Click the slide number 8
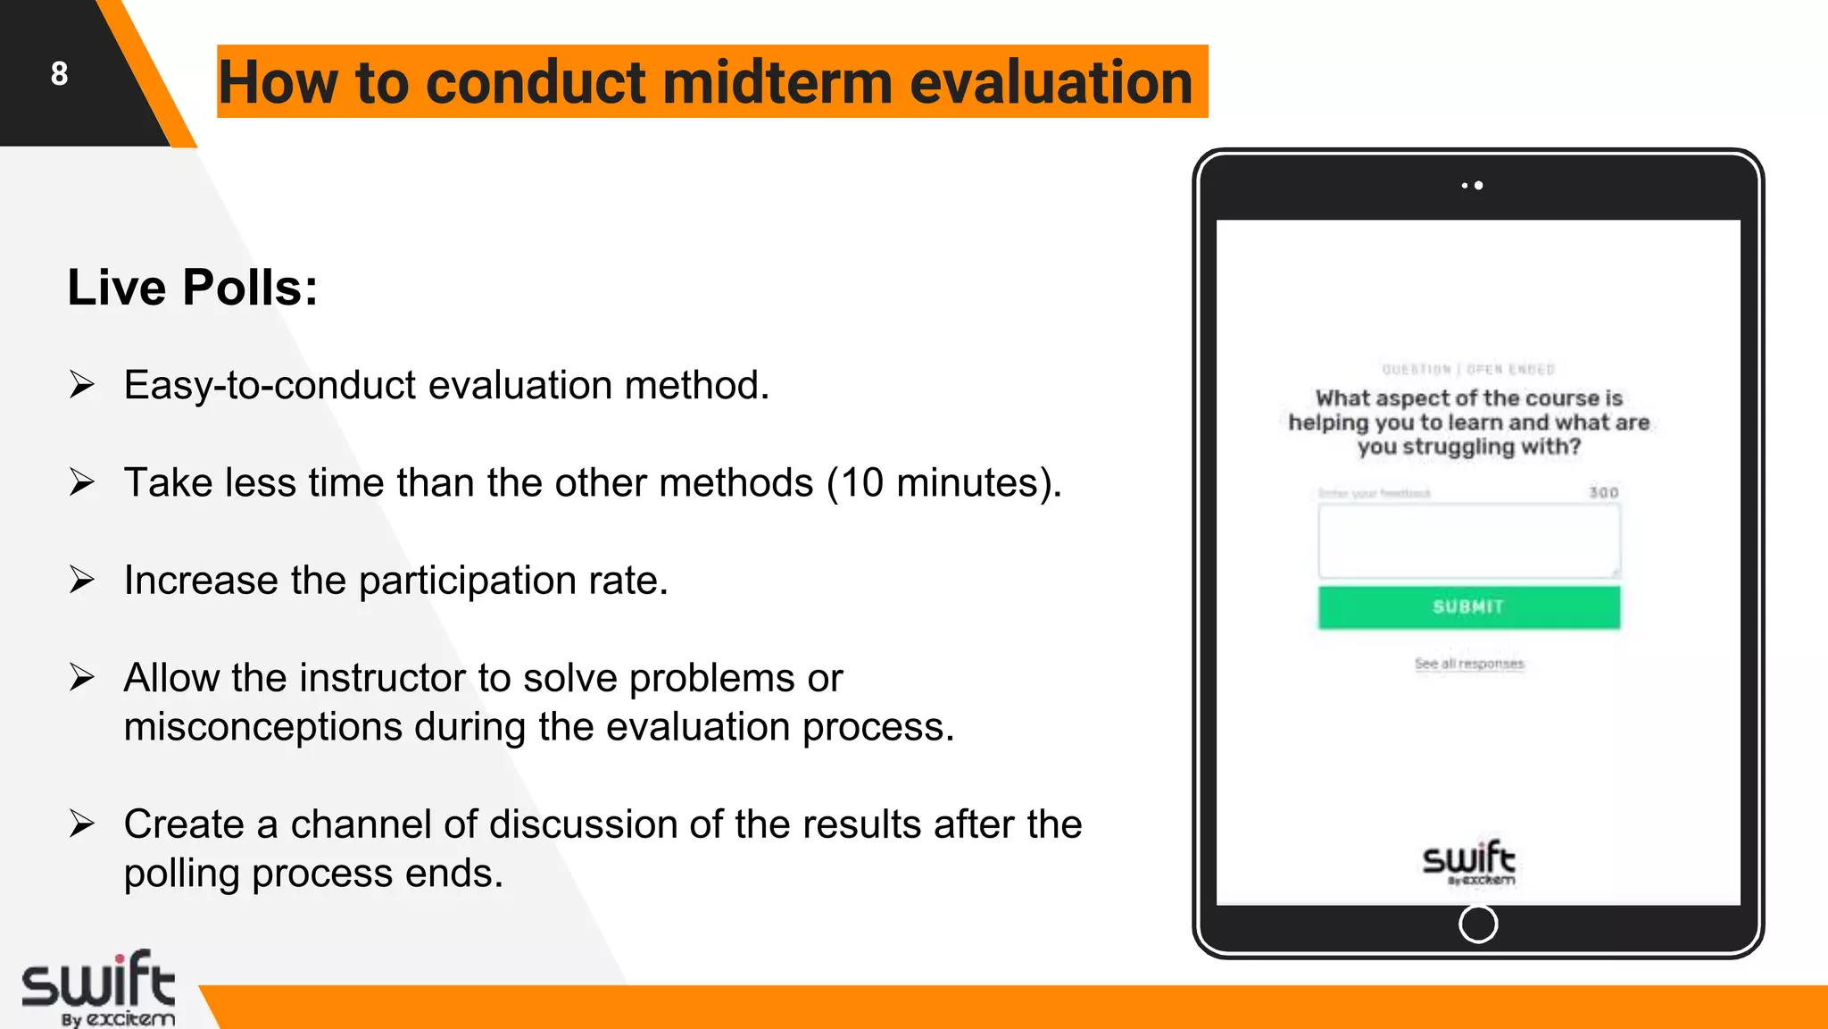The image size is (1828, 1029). [59, 73]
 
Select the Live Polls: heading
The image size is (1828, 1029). [193, 288]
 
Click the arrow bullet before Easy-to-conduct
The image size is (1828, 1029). [82, 385]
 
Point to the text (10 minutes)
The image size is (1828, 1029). [943, 483]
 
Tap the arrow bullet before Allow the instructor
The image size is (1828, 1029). [82, 678]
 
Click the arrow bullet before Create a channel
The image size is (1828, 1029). [82, 824]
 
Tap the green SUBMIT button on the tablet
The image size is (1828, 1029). [1468, 607]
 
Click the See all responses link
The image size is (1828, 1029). [1469, 664]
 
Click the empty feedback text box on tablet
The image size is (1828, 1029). [1468, 540]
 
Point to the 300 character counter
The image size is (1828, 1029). [1603, 492]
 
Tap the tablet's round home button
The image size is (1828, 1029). [1478, 924]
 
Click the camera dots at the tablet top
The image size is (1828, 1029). [1473, 185]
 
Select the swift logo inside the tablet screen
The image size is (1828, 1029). [1468, 862]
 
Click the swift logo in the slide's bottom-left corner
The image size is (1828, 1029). [98, 987]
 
